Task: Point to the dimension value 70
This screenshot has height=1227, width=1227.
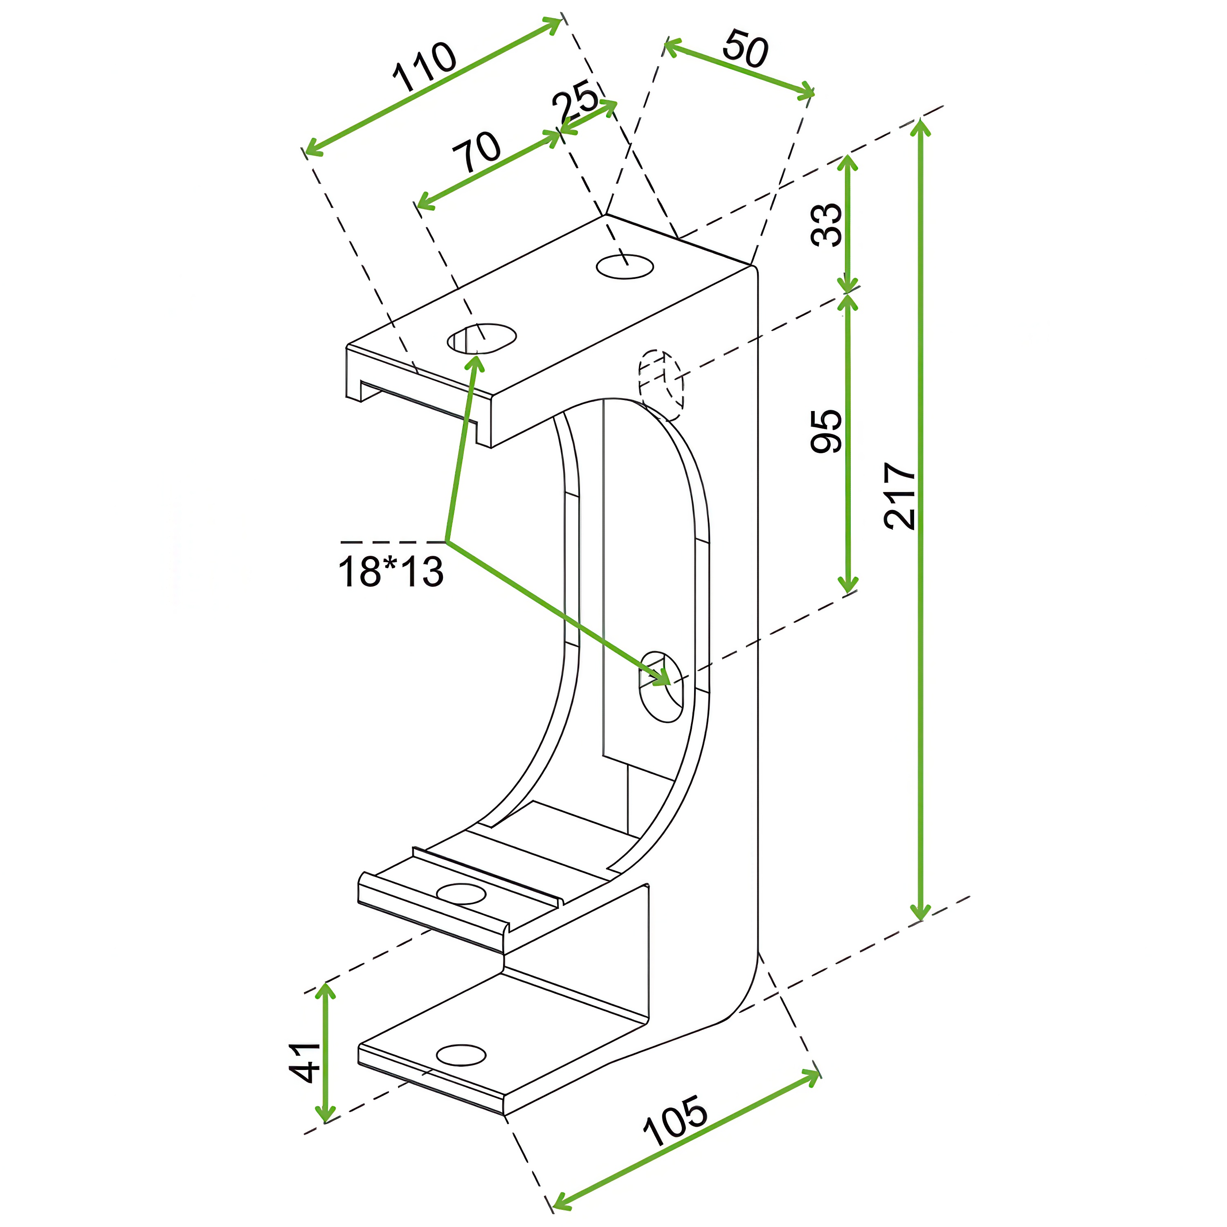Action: coord(476,153)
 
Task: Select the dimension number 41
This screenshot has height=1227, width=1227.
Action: coord(305,1062)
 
